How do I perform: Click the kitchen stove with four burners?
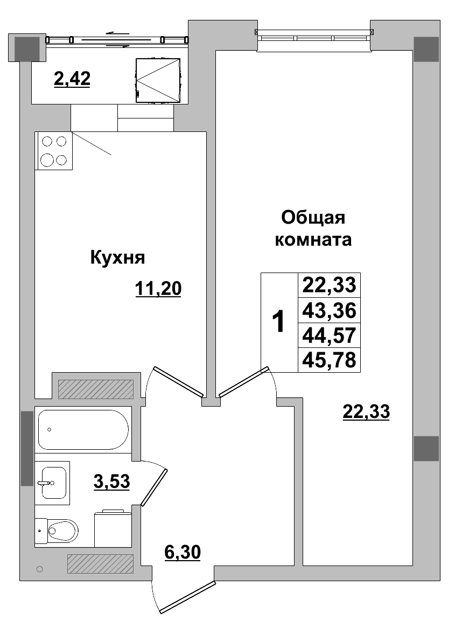click(54, 151)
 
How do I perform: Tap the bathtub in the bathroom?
click(83, 430)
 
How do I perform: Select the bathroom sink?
click(53, 483)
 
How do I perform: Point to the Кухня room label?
click(117, 257)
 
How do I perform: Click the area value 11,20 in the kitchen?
click(158, 289)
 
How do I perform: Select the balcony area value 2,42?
click(72, 79)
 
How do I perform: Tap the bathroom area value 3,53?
click(111, 481)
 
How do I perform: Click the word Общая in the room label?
click(313, 218)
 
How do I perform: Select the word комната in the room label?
click(313, 240)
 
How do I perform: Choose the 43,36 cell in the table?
click(329, 310)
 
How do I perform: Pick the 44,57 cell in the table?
click(329, 335)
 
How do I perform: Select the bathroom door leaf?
click(155, 486)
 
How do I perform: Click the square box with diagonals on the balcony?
click(157, 80)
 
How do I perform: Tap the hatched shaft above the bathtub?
click(95, 389)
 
